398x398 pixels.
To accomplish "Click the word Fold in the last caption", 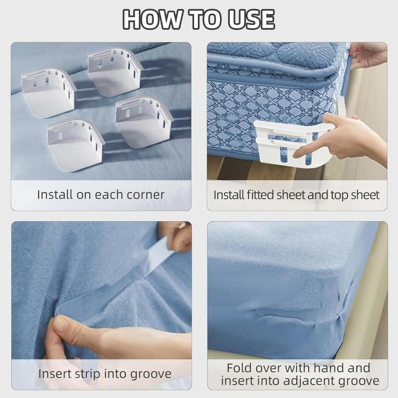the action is [239, 368].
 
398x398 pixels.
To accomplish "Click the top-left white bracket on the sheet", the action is [49, 93].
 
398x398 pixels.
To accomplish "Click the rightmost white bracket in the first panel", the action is [144, 122].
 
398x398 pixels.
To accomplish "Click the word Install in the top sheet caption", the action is [226, 195].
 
